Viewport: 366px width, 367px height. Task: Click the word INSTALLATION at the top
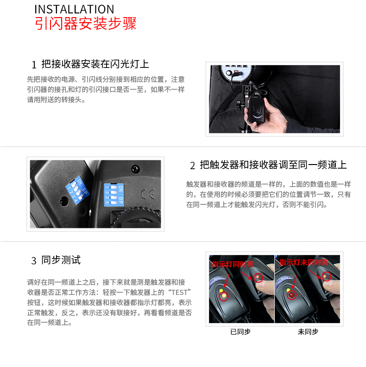point(74,9)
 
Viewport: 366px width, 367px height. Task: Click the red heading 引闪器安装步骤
point(86,24)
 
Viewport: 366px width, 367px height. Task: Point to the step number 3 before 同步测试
point(34,261)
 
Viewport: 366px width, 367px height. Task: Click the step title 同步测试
point(61,260)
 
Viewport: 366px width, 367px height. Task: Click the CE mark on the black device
point(144,193)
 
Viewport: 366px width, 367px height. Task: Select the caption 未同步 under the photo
point(308,332)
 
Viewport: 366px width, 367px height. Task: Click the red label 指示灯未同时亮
point(303,262)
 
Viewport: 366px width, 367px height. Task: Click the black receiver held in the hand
point(256,107)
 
